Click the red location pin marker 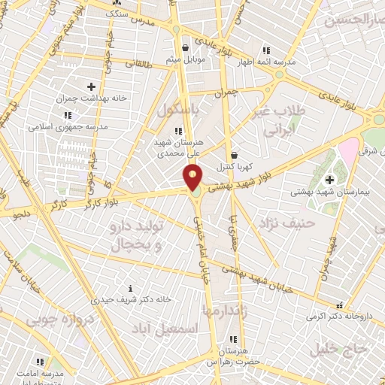coord(193,177)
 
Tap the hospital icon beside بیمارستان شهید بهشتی coord(329,178)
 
